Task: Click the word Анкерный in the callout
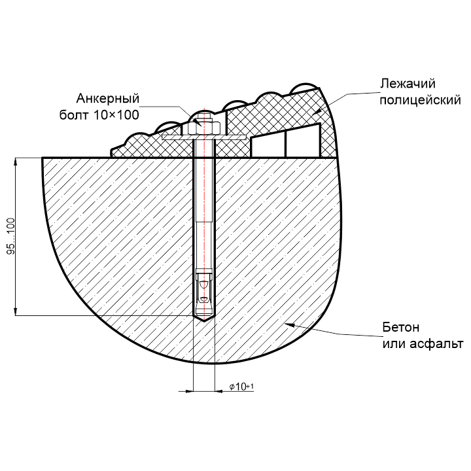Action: pos(109,99)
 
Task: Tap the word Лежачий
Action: pos(408,84)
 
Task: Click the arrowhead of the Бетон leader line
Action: pos(288,324)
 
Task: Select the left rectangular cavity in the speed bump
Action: pos(268,147)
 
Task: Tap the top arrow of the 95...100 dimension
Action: pos(15,161)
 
